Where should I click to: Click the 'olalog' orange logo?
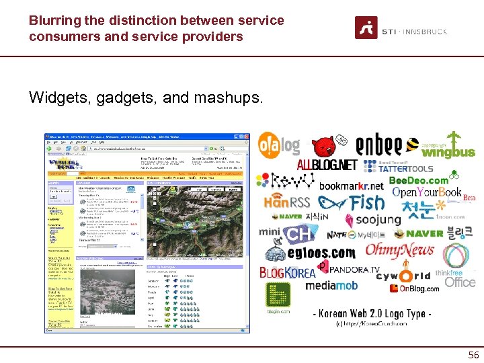click(279, 145)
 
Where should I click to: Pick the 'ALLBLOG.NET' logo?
click(327, 165)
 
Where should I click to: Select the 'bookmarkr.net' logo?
click(352, 186)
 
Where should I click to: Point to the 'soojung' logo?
click(373, 220)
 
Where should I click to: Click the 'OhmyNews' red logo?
click(399, 251)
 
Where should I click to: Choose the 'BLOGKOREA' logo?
click(287, 272)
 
